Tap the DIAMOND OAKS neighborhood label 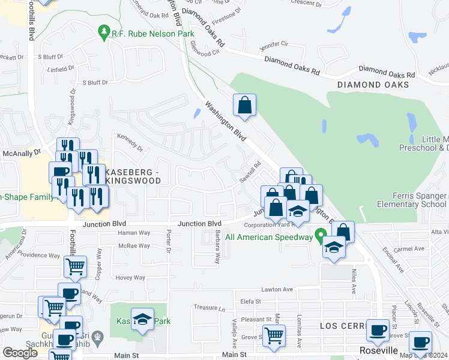coord(373,85)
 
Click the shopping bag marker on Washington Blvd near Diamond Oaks coord(245,106)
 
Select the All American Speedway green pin coord(320,234)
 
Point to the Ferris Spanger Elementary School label coord(412,200)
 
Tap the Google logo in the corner coord(20,353)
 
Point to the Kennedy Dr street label coord(131,143)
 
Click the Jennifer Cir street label coord(274,44)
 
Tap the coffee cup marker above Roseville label coord(378,330)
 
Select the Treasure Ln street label coord(212,309)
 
